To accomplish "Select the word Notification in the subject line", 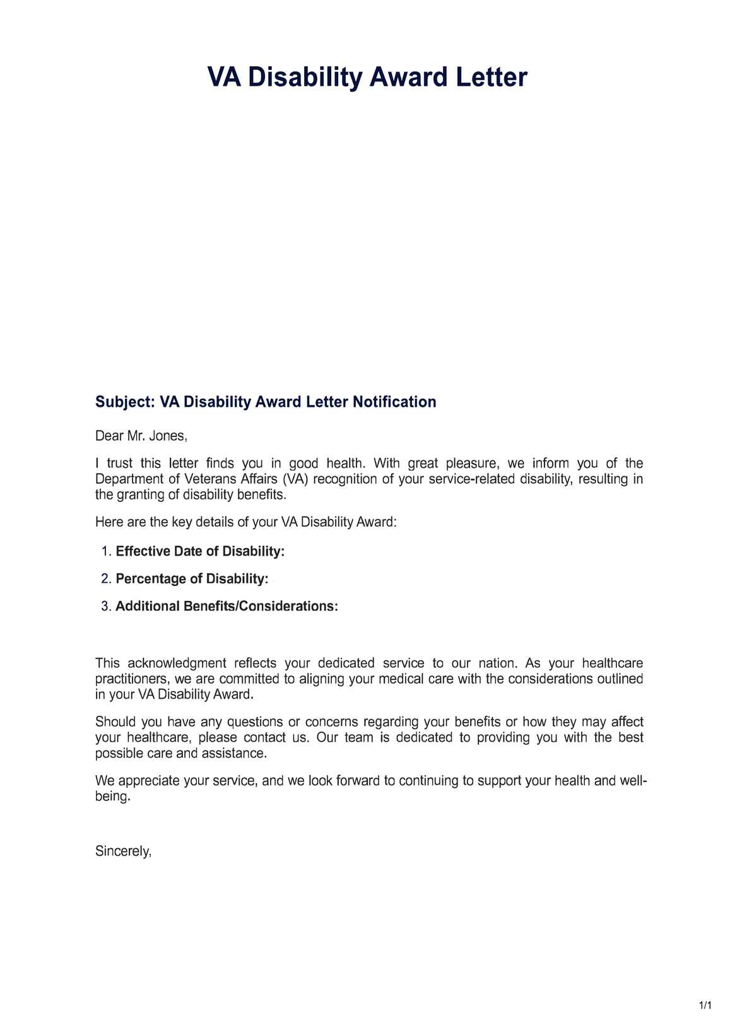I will tap(394, 402).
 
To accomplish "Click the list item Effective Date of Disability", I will tap(200, 552).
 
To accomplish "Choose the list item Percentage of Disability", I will tap(192, 579).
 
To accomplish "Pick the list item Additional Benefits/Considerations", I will tap(227, 607).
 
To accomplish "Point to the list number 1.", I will tap(105, 552).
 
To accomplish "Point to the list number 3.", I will tap(105, 607).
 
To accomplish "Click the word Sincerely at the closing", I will tap(122, 851).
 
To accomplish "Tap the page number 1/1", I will tap(705, 1005).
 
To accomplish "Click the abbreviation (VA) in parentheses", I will tap(295, 479).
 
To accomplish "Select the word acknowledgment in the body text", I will tap(177, 663).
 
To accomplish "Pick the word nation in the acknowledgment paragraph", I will tap(497, 663).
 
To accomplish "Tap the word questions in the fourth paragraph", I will tap(255, 722).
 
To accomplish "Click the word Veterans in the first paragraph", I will tap(210, 479).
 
